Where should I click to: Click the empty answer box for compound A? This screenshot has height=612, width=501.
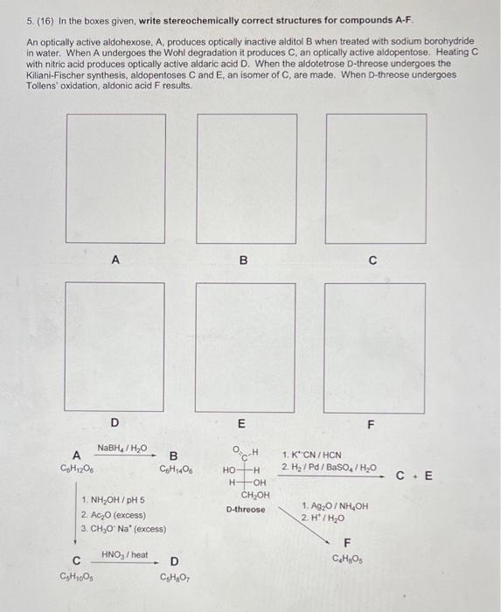(115, 177)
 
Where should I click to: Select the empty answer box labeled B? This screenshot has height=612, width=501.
(243, 177)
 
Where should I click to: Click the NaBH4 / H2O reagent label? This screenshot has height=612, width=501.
(122, 449)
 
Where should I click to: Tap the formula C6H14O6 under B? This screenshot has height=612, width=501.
(175, 469)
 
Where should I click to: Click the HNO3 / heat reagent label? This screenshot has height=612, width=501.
(125, 554)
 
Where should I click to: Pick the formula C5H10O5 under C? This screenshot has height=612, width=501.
(77, 575)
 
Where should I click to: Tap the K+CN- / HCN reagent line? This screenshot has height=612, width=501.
(311, 455)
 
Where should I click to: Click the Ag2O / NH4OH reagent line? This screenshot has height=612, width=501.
(335, 506)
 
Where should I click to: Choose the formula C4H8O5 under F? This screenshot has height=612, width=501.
(346, 559)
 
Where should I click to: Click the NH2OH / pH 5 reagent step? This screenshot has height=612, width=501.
(113, 500)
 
